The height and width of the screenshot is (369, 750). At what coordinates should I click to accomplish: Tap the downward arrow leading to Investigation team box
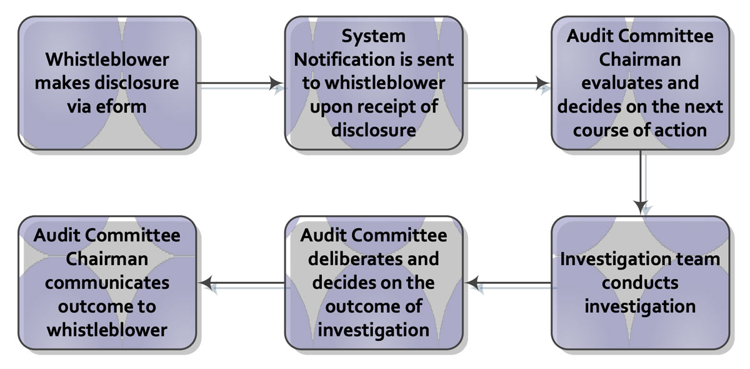(641, 182)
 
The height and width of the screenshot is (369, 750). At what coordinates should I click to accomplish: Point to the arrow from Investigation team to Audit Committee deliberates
(508, 283)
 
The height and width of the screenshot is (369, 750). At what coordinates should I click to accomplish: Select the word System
(373, 36)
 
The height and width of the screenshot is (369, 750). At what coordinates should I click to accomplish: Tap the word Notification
(344, 59)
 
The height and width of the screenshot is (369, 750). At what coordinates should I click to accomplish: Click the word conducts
(640, 283)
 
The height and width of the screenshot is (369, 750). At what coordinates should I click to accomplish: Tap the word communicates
(107, 283)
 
